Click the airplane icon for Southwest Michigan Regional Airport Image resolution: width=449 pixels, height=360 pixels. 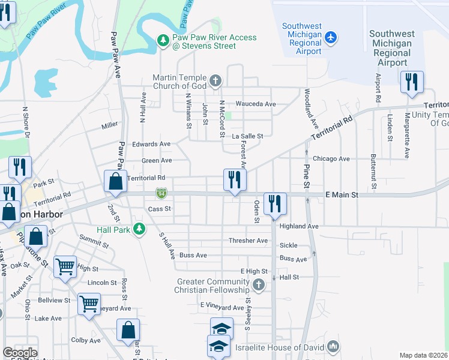pyautogui.click(x=330, y=38)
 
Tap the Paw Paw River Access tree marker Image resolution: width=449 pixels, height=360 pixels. pyautogui.click(x=163, y=40)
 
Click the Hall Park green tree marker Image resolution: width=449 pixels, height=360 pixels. pyautogui.click(x=139, y=229)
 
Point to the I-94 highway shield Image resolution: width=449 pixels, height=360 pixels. pyautogui.click(x=161, y=193)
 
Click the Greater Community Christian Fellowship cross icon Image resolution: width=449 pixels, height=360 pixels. pyautogui.click(x=259, y=284)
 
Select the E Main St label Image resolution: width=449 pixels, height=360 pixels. pyautogui.click(x=341, y=195)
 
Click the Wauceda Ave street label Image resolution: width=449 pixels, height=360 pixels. pyautogui.click(x=255, y=104)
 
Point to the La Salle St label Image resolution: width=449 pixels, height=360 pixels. pyautogui.click(x=247, y=136)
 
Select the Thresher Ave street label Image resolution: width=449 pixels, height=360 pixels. pyautogui.click(x=248, y=241)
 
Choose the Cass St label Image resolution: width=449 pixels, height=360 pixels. pyautogui.click(x=160, y=209)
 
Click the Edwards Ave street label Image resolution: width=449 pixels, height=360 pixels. pyautogui.click(x=151, y=144)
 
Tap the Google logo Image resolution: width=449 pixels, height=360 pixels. pyautogui.click(x=20, y=353)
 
